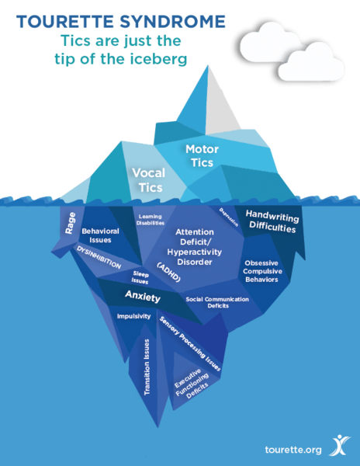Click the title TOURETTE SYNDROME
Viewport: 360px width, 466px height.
tap(121, 22)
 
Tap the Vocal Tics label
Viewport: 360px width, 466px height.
tap(149, 180)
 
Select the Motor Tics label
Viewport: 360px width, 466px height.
tap(202, 155)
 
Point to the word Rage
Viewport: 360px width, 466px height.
tap(70, 223)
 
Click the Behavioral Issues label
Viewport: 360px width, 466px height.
tap(100, 235)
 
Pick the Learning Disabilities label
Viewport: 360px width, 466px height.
tap(151, 220)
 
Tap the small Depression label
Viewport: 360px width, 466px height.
tap(229, 217)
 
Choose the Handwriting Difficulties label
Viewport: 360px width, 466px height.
tap(272, 221)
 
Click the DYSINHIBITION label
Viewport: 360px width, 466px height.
tap(99, 257)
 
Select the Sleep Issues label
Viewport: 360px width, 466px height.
tap(140, 277)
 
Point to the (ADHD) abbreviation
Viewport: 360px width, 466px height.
tap(169, 273)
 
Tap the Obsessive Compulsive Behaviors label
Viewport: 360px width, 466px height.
tap(262, 271)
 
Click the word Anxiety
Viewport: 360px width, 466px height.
tap(143, 297)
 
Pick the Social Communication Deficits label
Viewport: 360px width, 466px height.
tap(217, 302)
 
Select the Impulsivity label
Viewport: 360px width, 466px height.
tap(133, 316)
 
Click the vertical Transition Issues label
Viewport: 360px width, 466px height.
tap(147, 367)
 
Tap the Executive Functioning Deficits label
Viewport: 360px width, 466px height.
tap(192, 384)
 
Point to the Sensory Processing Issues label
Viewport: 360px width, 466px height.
tap(190, 344)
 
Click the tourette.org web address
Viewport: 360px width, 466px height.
tap(293, 450)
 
